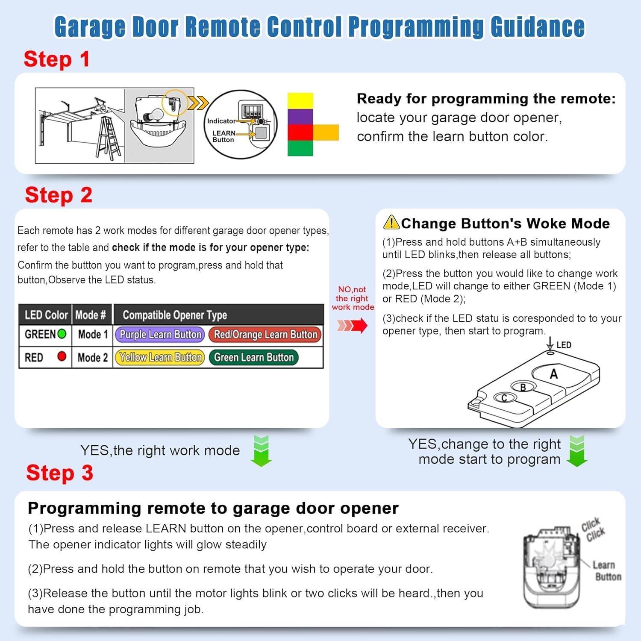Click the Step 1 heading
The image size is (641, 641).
point(57,59)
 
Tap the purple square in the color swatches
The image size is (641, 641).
point(300,116)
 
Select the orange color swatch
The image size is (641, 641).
point(326,132)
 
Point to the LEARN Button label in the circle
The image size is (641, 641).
point(223,136)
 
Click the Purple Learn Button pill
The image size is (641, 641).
point(160,335)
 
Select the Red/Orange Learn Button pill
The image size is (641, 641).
point(265,335)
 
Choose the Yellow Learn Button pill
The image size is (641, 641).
point(160,357)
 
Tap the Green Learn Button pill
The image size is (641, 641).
point(254,357)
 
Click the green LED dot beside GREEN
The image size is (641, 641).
point(62,334)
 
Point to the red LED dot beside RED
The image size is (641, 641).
point(62,356)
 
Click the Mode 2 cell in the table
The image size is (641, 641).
point(92,357)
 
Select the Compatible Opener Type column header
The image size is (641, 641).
point(175,315)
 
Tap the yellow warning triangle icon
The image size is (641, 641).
point(391,222)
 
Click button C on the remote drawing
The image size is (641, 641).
point(504,398)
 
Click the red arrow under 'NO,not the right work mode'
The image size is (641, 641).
point(352,326)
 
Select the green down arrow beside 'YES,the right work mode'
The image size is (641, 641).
point(261,451)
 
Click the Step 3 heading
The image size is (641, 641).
point(60,473)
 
